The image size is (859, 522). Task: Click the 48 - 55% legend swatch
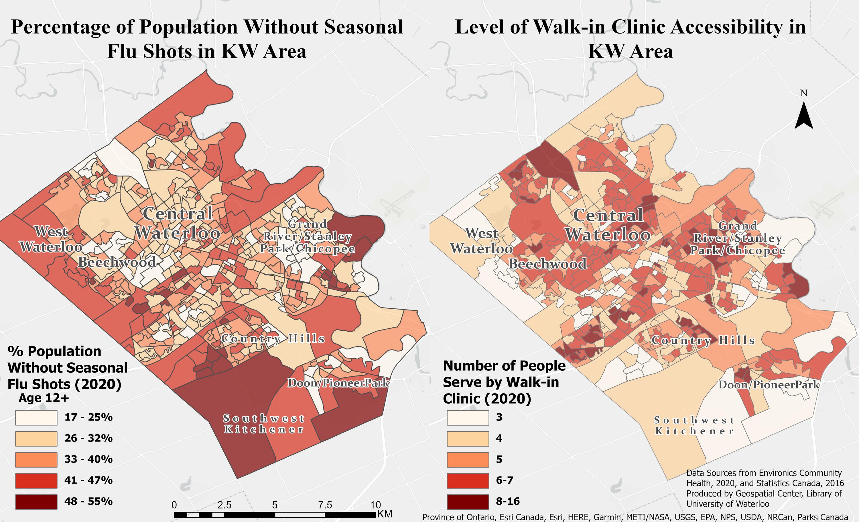coord(36,501)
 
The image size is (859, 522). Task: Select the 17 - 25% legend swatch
coord(36,417)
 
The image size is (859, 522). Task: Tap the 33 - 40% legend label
coord(88,459)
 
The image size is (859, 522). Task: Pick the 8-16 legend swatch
coord(468,501)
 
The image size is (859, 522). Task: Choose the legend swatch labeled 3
coord(468,417)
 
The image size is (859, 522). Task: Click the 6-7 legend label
coord(505,480)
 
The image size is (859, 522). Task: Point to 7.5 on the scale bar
coord(325,505)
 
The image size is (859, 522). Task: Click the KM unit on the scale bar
coord(385,514)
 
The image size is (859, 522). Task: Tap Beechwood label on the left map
coord(117,262)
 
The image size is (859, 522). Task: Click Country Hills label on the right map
coord(703,340)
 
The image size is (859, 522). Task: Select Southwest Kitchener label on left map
coord(264,423)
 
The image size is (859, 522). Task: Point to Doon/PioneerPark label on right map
coord(769,384)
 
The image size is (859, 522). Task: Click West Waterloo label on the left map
coord(51,239)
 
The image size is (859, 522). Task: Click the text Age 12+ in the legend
coord(44,398)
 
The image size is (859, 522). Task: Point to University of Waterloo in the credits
coord(728,504)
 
